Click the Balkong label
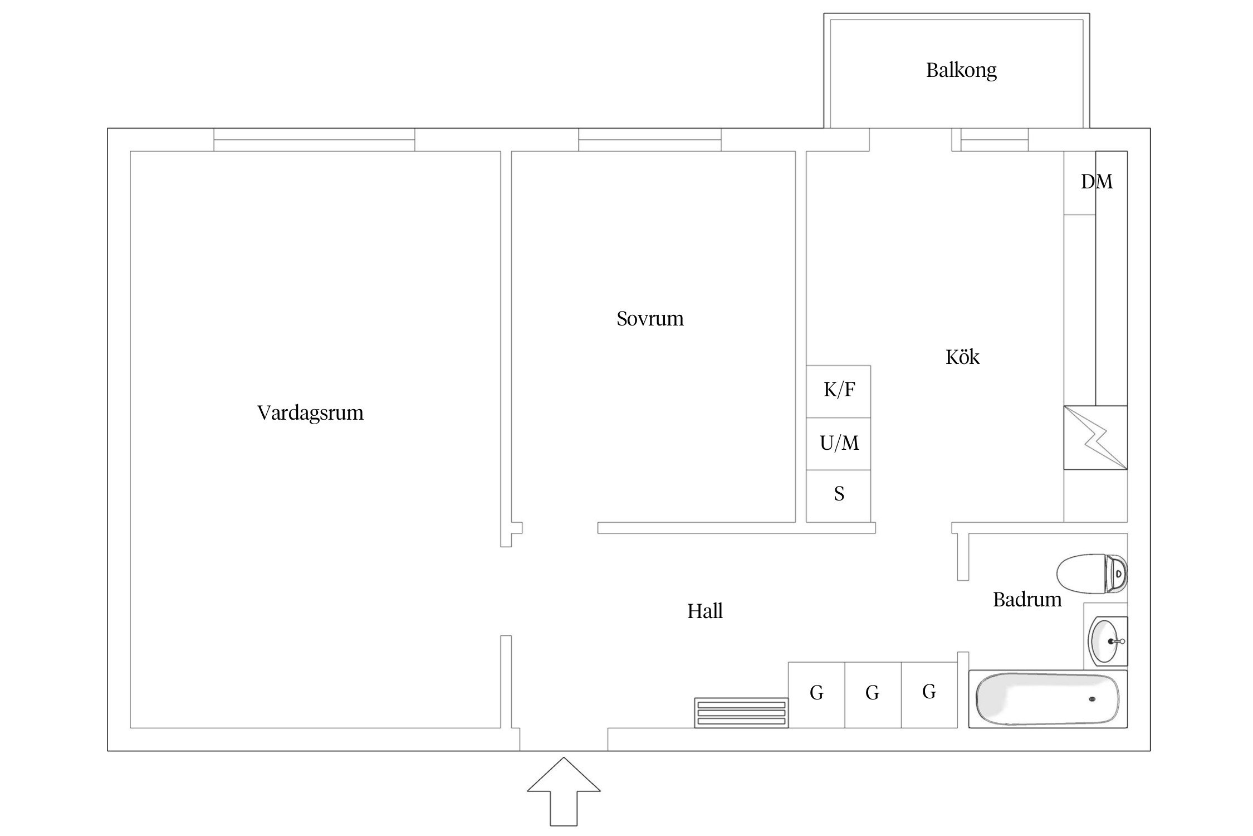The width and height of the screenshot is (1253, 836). coord(961,71)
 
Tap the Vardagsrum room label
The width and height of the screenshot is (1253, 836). coord(310,413)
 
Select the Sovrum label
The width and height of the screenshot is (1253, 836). coord(650,319)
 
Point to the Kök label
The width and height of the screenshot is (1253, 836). coord(962,357)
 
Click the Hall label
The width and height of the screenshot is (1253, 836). coord(704,611)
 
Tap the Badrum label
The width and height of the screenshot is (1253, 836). coord(1027,600)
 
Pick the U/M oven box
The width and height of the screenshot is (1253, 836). coord(839,444)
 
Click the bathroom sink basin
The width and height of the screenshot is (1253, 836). coord(1106,641)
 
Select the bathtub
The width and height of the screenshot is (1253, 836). coord(1048,699)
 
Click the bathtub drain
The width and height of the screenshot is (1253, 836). coord(1092,699)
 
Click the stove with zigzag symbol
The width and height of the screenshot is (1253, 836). coord(1095,438)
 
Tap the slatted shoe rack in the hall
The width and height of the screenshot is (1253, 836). coord(741,713)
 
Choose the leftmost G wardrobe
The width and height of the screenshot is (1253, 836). coord(816,694)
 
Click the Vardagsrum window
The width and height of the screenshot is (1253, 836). coord(314,139)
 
